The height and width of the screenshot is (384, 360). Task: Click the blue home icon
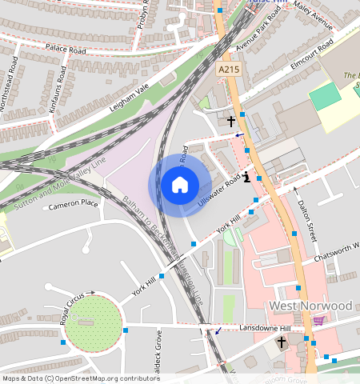pos(180,185)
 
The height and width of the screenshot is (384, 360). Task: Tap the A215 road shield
pos(229,70)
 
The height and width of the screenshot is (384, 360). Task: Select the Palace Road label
pos(66,49)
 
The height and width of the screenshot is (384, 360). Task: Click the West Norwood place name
pos(310,306)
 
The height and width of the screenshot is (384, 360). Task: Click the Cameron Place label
pos(74,204)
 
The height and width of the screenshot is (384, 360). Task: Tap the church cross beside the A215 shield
pos(231,122)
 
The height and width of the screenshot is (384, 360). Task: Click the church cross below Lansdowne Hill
pos(281,343)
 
